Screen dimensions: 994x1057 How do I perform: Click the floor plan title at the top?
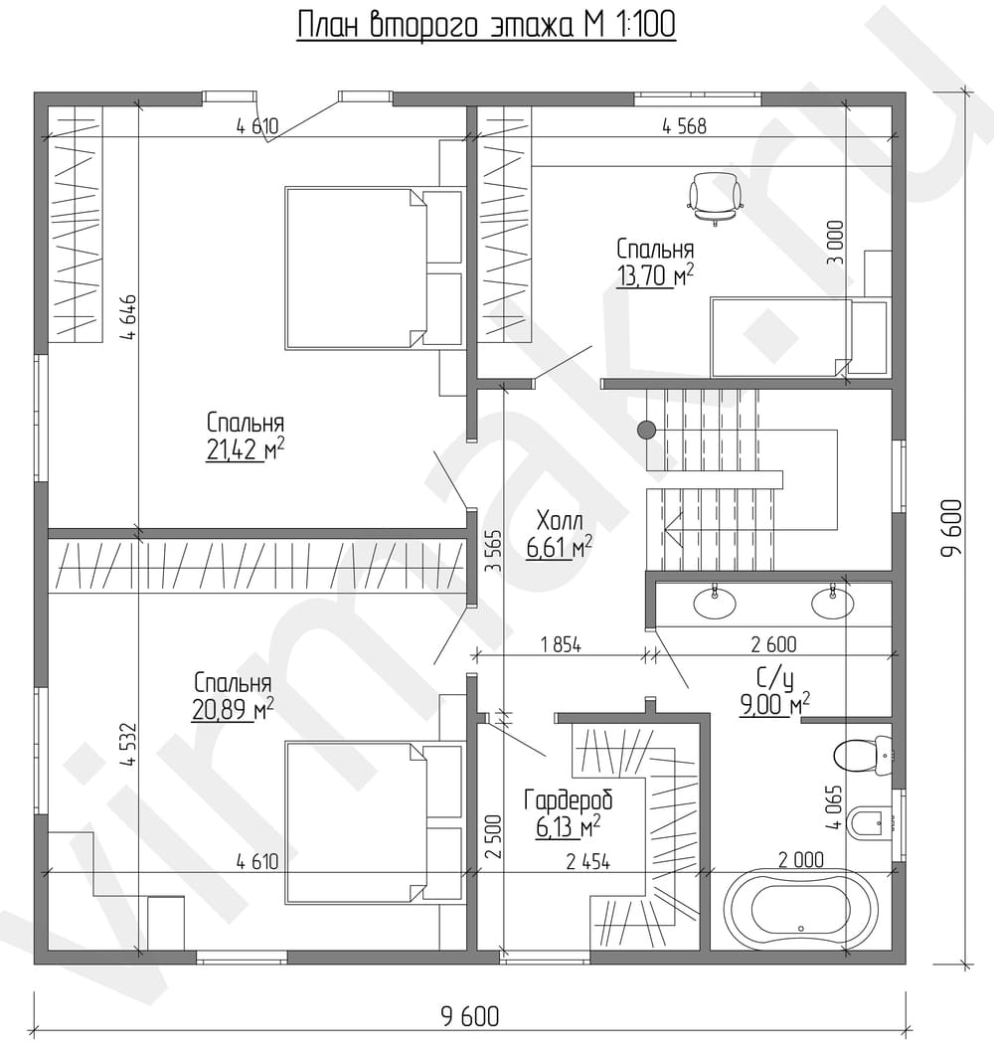coord(486,26)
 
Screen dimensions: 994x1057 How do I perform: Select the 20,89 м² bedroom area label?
coord(233,696)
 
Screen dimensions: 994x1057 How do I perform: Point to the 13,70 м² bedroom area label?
coord(655,263)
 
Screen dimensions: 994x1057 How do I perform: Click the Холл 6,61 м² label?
coord(560,535)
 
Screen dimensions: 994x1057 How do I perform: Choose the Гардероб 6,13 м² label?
coord(569,813)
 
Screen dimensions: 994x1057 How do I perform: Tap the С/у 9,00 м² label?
coord(774,692)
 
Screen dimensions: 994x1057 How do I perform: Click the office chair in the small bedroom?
coord(715,198)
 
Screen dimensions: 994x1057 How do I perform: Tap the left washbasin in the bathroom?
coord(715,601)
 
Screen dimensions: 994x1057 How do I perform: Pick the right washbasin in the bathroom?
coord(832,602)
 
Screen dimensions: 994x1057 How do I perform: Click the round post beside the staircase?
coord(647,430)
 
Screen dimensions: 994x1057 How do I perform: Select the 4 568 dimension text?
coord(684,126)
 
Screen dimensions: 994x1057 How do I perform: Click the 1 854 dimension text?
coord(561,644)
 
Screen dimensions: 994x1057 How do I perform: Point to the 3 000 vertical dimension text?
coord(836,242)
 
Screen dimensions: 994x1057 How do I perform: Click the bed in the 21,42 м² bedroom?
coord(374,267)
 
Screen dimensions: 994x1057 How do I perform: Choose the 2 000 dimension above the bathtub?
coord(800,859)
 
